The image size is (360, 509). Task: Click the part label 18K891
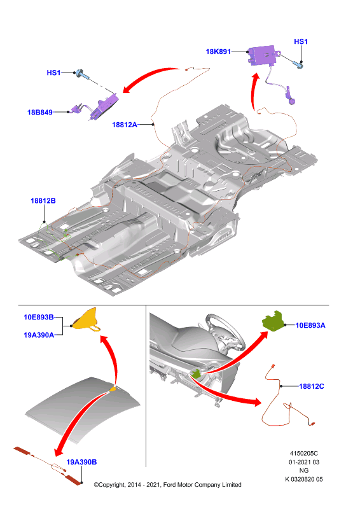[x=218, y=52]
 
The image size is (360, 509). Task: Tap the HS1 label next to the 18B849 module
[x=53, y=73]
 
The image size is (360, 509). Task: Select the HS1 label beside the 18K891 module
[x=301, y=41]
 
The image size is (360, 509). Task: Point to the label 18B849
[x=40, y=113]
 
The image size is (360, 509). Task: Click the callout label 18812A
[x=125, y=125]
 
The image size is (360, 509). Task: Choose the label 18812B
[x=43, y=200]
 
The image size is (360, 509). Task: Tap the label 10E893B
[x=39, y=317]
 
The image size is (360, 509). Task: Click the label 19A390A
[x=39, y=335]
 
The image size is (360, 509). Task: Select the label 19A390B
[x=81, y=462]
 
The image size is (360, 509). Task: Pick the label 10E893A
[x=310, y=325]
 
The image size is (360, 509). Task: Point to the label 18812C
[x=312, y=386]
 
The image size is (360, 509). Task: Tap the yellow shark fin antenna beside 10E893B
[x=86, y=320]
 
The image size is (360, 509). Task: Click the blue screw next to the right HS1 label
[x=298, y=65]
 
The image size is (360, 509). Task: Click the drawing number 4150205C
[x=304, y=453]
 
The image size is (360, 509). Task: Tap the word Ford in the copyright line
[x=170, y=485]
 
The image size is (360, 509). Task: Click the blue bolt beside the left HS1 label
[x=82, y=74]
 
